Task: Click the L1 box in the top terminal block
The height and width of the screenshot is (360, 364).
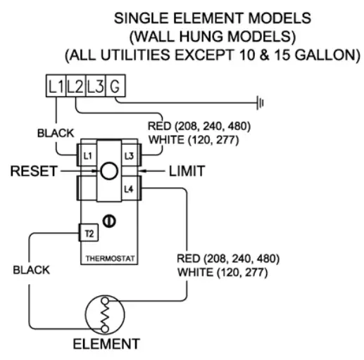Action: [x=56, y=89]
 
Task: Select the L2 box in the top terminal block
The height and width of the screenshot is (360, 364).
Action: [x=76, y=89]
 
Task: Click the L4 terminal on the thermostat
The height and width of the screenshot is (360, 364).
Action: [x=128, y=188]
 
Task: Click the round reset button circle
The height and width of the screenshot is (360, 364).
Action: [x=108, y=171]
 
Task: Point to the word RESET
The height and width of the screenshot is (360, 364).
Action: [x=33, y=171]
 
